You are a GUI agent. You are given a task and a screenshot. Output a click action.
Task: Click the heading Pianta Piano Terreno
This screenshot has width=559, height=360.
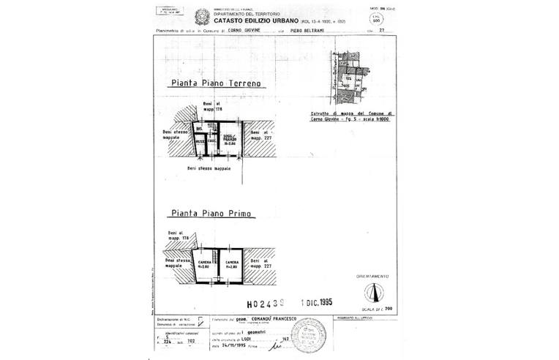[x=215, y=84]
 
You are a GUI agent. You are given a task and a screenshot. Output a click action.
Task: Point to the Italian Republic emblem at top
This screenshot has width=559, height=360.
[x=200, y=15]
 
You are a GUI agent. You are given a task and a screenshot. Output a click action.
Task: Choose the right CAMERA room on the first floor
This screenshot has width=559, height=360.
[x=232, y=264]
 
